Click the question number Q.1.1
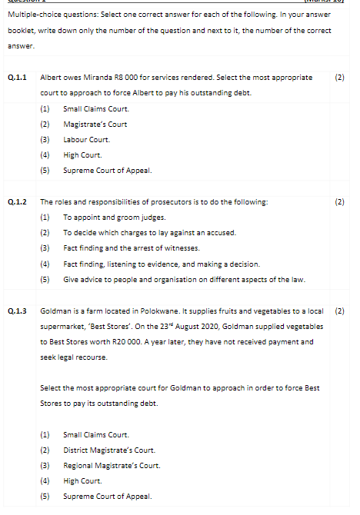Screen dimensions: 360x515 (x=17, y=78)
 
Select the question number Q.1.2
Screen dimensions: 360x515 (x=17, y=202)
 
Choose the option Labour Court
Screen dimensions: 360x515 (x=86, y=139)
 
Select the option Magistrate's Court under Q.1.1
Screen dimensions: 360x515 (x=95, y=124)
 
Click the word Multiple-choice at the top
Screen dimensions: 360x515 (x=32, y=15)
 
